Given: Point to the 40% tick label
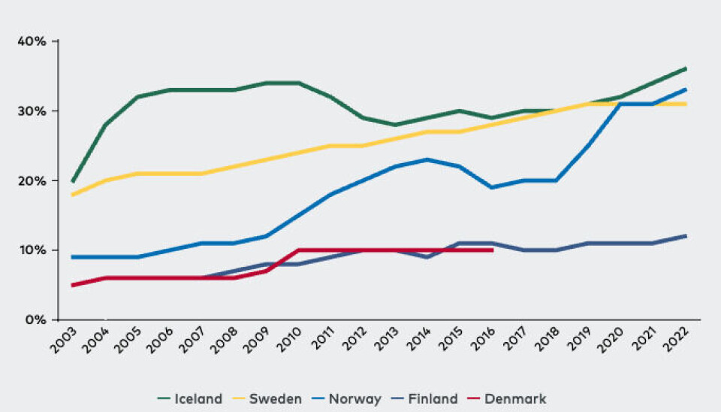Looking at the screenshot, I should [x=32, y=41].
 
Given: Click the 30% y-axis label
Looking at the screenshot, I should [x=32, y=111].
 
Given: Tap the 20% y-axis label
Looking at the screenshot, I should [x=32, y=180].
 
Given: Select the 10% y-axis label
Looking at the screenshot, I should [x=32, y=250].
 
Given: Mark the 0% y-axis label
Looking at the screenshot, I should [x=35, y=320].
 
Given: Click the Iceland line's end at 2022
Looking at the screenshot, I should [x=686, y=69].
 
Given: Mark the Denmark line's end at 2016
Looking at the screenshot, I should [x=492, y=250].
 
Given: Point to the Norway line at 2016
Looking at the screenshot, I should [x=492, y=187].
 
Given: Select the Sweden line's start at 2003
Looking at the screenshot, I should [x=72, y=195].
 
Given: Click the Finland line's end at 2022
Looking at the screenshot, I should [x=686, y=236].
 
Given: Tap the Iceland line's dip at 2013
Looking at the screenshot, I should [x=395, y=125].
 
